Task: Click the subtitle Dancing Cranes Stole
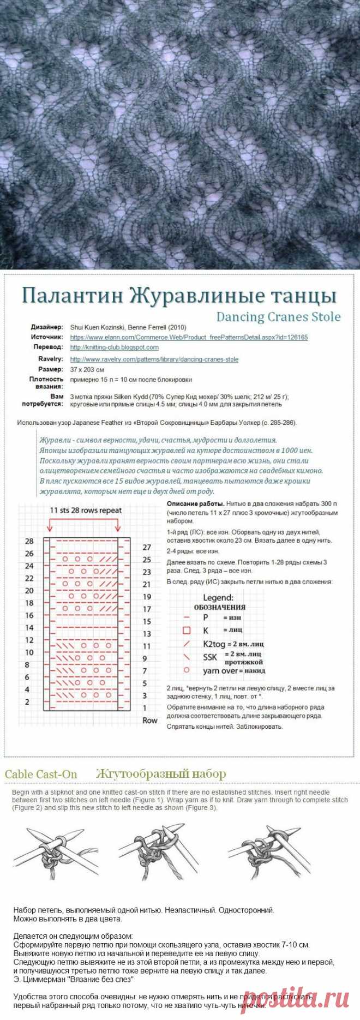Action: [278, 317]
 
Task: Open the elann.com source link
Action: [189, 337]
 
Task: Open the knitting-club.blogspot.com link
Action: [114, 347]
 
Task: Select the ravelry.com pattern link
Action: [154, 359]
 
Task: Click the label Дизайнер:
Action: [47, 327]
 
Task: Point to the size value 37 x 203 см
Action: [87, 369]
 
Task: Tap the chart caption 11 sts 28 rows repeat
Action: [86, 511]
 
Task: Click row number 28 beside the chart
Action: [29, 541]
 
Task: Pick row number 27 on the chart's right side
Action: [147, 547]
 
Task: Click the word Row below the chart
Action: [149, 720]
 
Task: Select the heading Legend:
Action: [218, 598]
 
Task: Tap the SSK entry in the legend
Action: [210, 657]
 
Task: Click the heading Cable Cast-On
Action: [41, 774]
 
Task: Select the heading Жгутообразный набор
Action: [160, 773]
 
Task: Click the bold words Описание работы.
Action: [195, 503]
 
